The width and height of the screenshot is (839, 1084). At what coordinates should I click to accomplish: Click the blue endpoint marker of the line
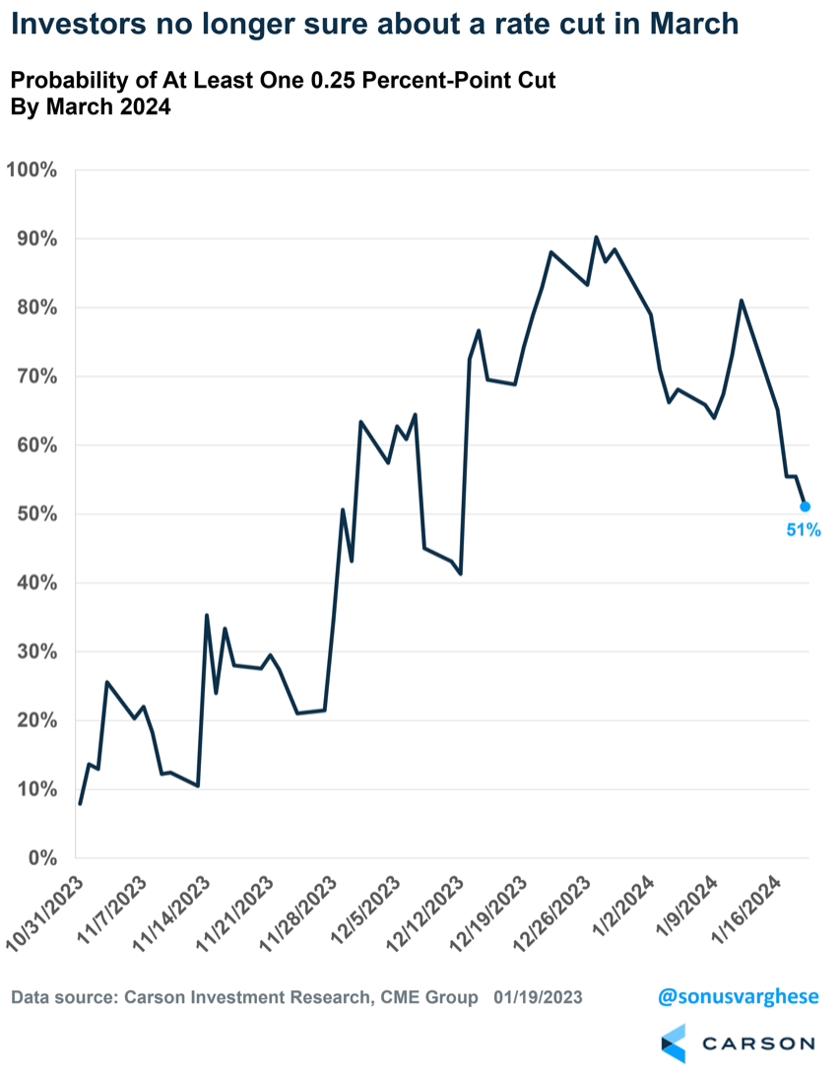805,507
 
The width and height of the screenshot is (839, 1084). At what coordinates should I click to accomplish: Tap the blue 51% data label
803,530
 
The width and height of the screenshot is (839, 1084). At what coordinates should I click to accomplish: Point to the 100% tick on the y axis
32,169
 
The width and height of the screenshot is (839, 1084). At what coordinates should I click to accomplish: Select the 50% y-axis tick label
36,514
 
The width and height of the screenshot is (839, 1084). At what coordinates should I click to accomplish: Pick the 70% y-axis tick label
36,376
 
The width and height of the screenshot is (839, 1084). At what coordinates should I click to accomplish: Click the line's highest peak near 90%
596,237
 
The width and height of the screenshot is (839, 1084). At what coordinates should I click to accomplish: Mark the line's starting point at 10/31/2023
80,804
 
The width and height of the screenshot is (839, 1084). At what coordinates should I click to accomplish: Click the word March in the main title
688,24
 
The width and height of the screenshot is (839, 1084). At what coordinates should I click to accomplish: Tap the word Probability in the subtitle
74,80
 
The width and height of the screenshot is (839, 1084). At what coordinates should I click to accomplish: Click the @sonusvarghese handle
738,996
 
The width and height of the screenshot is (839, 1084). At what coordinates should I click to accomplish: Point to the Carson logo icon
673,1043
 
